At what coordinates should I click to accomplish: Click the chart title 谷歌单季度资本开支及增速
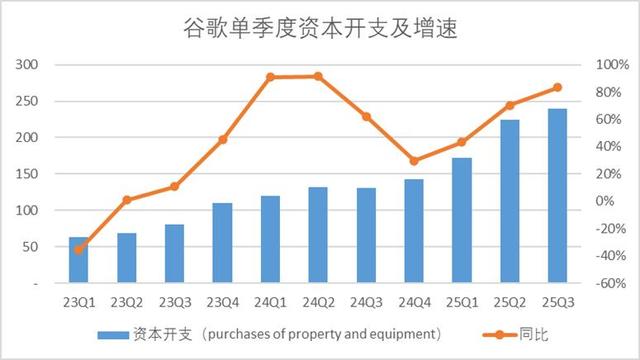pos(320,28)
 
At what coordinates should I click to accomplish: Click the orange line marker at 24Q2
pos(318,76)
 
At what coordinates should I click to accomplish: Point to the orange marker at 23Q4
pos(222,139)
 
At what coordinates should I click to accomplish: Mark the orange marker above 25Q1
pos(461,142)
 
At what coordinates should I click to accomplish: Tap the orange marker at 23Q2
pos(126,200)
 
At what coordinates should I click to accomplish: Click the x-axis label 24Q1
pos(270,301)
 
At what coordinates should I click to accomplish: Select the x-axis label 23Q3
pos(174,301)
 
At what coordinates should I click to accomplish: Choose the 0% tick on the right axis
pos(604,201)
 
